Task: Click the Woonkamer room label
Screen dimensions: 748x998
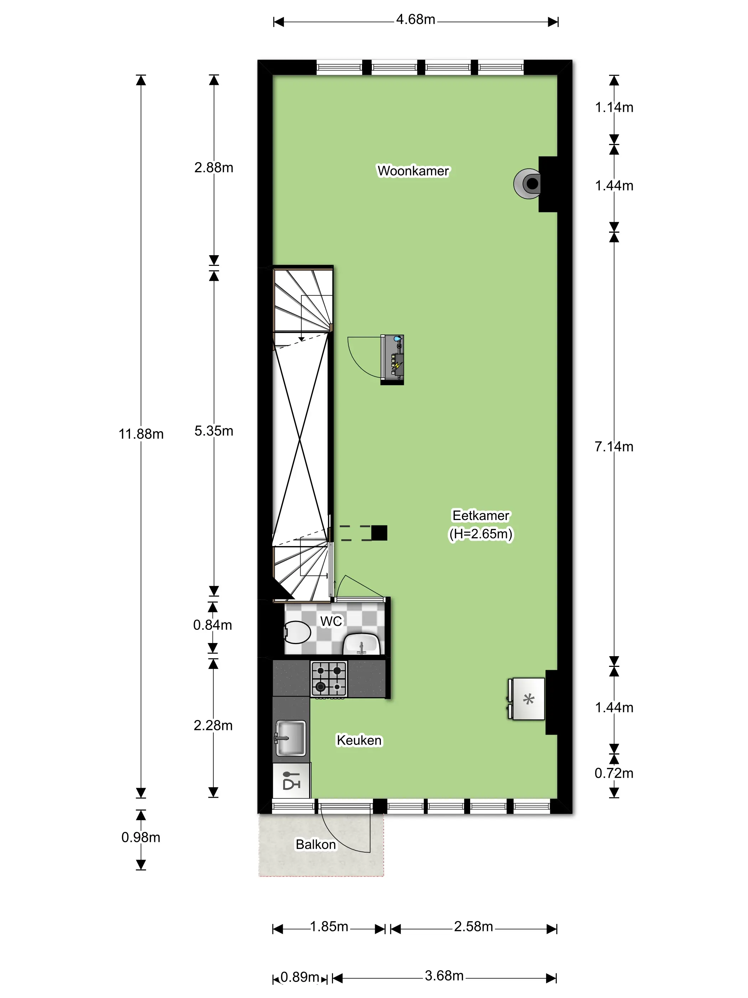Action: (413, 171)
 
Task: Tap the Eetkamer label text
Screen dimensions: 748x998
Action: (481, 515)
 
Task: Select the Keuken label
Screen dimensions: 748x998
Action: (359, 740)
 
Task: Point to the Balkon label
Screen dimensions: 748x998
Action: (316, 844)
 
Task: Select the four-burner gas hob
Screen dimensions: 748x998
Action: (329, 679)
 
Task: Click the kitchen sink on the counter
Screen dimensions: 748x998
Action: (290, 738)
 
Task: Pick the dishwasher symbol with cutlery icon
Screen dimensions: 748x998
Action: (291, 781)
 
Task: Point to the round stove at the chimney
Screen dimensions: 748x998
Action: (527, 184)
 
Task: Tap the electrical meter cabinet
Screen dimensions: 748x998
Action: (392, 360)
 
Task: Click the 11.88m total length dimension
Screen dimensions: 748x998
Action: (141, 434)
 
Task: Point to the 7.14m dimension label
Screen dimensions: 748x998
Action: (614, 447)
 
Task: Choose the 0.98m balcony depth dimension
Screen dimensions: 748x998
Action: (141, 837)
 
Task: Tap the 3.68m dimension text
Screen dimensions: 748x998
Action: (444, 976)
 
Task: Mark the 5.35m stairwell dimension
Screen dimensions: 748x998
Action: (214, 431)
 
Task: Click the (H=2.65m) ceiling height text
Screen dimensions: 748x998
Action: (481, 534)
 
